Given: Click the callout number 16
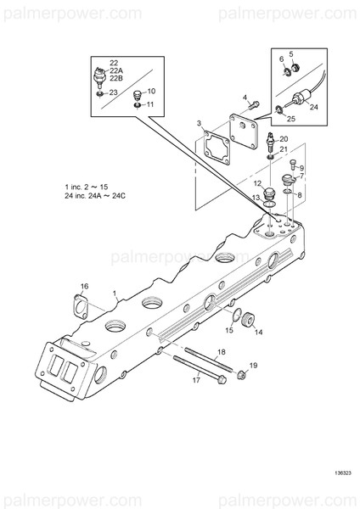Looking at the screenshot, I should pos(83,286).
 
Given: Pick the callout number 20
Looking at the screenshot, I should pos(284,138).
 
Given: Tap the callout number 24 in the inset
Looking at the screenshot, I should pos(313,107).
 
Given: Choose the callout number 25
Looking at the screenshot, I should pos(290,120).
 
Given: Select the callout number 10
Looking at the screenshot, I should pos(151,91).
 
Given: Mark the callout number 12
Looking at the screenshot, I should pos(256,183).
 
